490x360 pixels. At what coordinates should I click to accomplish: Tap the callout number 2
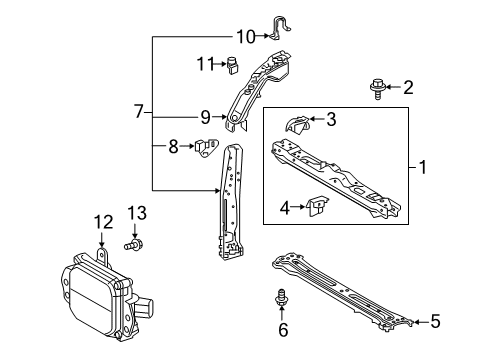click(407, 88)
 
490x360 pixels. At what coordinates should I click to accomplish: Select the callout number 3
click(330, 120)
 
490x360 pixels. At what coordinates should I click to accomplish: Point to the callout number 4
click(285, 208)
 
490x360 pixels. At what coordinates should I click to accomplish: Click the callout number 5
click(435, 321)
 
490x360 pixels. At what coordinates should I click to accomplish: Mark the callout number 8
click(173, 146)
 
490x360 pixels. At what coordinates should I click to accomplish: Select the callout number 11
click(206, 65)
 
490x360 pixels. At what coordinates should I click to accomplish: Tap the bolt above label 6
click(283, 298)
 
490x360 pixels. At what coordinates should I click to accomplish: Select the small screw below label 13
click(134, 243)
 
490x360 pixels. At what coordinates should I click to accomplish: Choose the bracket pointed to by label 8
click(207, 146)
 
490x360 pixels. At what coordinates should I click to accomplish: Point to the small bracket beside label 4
click(317, 208)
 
